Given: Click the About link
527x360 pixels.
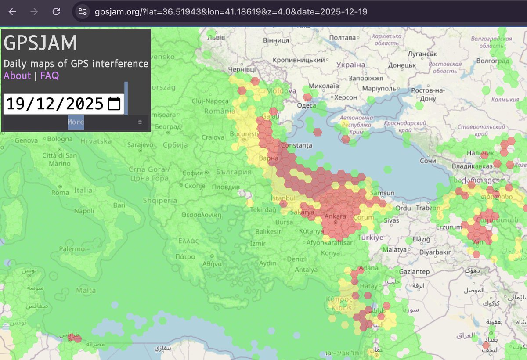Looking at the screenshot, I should coord(17,76).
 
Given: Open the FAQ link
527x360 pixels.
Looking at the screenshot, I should coord(49,76).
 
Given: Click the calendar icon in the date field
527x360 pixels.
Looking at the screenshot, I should coord(114,104).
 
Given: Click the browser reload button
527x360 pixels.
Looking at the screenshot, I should coord(56,12).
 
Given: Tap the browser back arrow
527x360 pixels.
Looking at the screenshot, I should coord(12,12).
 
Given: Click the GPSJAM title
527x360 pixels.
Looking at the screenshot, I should coord(40,43).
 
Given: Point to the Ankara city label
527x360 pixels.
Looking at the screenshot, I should coord(335,216).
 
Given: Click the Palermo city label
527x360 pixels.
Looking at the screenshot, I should coord(72,249).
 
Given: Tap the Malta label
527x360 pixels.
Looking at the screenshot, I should coord(86,290).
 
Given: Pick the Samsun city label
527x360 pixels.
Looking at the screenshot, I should coord(382,193).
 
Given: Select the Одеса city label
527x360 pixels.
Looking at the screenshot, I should coord(306,105).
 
